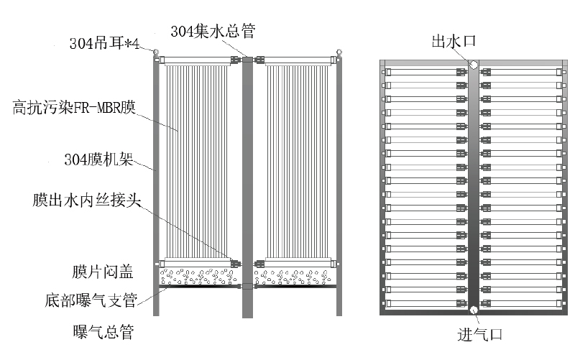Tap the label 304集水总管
pos(212,31)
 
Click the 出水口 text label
pos(454,40)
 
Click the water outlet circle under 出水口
pos(474,64)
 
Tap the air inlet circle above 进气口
pos(474,310)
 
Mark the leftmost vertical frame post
pos(156,187)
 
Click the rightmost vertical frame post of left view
pos(339,187)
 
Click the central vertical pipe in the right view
pos(474,187)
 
